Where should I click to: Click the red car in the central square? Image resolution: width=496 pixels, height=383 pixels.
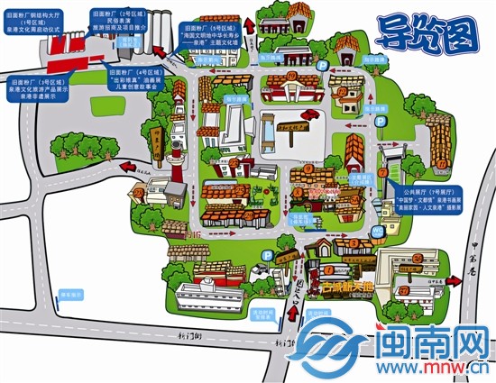(309, 115)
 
